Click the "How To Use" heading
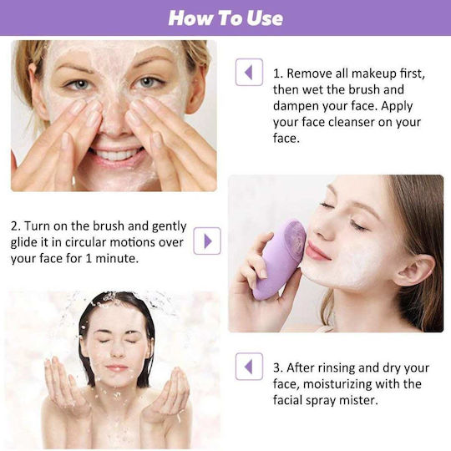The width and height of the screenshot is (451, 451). (x=225, y=18)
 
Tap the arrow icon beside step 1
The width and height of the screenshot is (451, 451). (x=249, y=72)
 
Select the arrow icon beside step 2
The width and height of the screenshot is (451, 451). (x=207, y=241)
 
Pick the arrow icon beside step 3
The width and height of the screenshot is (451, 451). (x=249, y=367)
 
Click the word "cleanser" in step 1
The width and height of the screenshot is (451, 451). (x=351, y=123)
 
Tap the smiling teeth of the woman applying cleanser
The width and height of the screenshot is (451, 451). (x=116, y=155)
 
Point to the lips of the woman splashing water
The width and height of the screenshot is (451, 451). (x=116, y=367)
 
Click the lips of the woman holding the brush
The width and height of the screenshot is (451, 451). (x=316, y=251)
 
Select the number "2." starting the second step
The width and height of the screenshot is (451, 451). (x=16, y=226)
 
